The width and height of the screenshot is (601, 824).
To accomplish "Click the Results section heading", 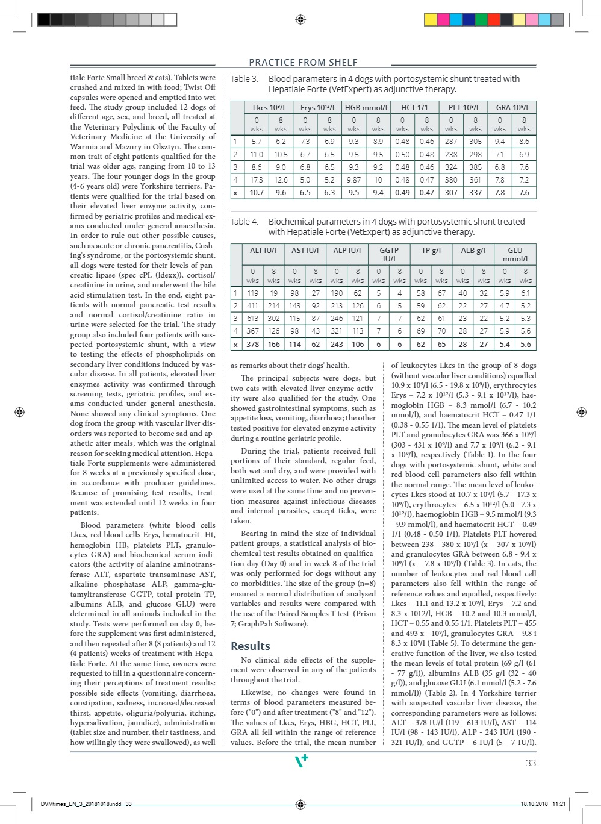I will coord(251,646).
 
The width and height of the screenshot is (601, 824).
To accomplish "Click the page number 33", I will coord(531,763).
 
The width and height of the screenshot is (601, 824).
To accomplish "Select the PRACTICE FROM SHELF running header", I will coord(303,62).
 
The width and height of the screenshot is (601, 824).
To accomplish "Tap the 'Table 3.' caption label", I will coord(244,79).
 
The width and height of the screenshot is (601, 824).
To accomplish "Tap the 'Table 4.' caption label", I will coord(244,222).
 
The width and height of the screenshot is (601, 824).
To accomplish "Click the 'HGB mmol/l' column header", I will coord(366,107).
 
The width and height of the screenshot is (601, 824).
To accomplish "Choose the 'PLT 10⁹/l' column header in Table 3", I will coord(463,107).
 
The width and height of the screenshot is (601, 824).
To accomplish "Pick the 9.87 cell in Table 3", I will coord(353,179).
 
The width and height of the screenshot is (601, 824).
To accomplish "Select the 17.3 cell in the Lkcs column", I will coord(257,179).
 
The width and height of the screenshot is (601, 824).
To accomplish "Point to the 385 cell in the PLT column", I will coord(475,167).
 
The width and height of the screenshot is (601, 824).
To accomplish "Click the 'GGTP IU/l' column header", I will coord(389,254).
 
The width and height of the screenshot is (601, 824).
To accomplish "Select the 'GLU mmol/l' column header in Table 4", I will coord(515,254).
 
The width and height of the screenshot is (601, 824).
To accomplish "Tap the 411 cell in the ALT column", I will coord(252,305).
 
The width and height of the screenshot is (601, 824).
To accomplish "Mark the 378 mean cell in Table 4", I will coord(252,344).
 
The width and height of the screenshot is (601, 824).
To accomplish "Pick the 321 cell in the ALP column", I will coord(337,331).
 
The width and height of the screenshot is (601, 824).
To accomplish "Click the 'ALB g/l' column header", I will coord(473,250).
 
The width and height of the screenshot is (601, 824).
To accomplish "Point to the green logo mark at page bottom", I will coord(301,761).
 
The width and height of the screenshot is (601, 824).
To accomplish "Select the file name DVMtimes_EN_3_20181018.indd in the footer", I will coord(81,804).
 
